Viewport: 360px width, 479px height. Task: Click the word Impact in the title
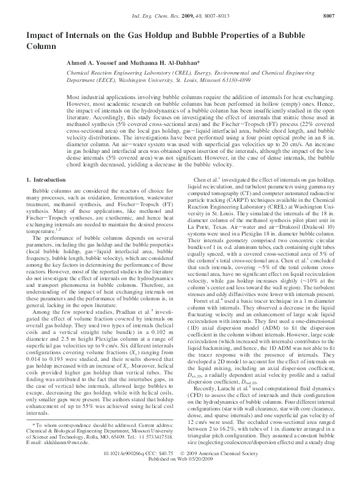click(x=39, y=34)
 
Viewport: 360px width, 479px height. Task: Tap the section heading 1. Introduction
click(x=46, y=180)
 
